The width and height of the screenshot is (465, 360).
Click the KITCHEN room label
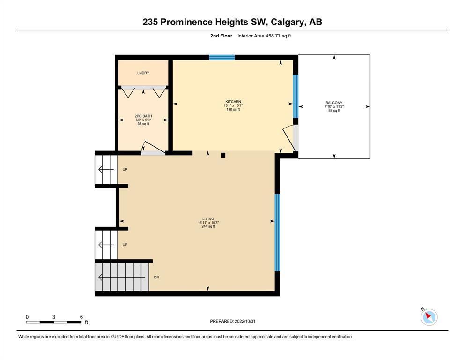(x=233, y=102)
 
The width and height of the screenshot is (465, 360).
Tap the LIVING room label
(x=208, y=219)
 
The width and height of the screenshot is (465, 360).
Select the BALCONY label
(x=334, y=103)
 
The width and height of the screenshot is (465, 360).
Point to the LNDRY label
(x=143, y=73)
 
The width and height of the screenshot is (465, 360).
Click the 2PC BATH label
(x=143, y=116)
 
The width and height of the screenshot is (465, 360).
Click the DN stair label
(x=156, y=277)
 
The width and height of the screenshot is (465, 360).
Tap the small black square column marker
(x=223, y=155)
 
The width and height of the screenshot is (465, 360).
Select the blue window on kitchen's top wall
(x=222, y=57)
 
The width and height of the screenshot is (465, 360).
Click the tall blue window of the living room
(x=277, y=232)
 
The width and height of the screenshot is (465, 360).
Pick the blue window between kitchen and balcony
(x=295, y=96)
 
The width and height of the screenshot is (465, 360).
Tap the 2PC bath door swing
(x=153, y=148)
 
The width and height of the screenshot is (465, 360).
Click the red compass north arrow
(x=428, y=315)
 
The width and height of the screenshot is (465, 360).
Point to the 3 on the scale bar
(x=54, y=317)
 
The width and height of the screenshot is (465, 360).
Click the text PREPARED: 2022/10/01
(x=232, y=321)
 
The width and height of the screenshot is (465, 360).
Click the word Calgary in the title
(x=287, y=22)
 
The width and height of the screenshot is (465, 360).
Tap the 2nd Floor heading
(x=221, y=36)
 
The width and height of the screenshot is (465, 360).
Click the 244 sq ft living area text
(x=208, y=226)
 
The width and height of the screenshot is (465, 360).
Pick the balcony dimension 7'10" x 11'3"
(x=334, y=106)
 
